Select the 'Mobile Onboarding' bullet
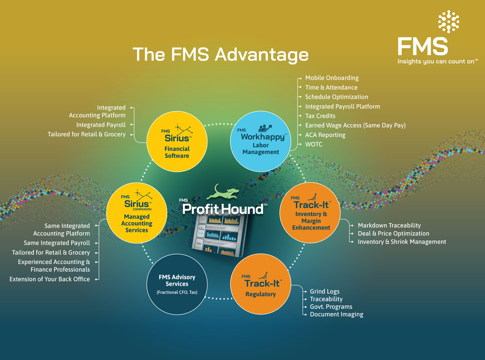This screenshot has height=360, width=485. tap(331, 78)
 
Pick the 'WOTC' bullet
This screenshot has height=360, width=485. tap(314, 144)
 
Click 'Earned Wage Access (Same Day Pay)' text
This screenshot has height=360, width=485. tap(355, 125)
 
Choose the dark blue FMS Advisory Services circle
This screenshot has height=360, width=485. tap(177, 284)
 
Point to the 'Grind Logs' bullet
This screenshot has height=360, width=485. tap(325, 291)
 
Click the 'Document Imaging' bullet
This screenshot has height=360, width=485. tap(336, 314)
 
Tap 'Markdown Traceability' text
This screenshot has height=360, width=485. tap(389, 225)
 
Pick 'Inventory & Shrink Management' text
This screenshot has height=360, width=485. tap(402, 242)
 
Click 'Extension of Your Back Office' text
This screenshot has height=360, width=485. tap(50, 279)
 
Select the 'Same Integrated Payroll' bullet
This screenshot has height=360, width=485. tap(57, 243)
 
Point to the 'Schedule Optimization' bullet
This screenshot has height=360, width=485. tap(336, 97)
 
